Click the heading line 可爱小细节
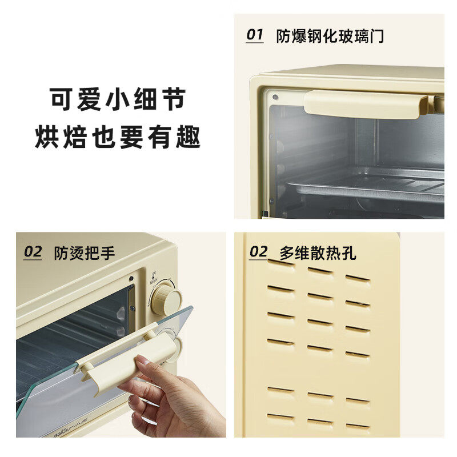[118, 99]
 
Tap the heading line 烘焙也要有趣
[118, 137]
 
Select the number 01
[254, 35]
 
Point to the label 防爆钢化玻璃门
[330, 36]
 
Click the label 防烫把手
[84, 253]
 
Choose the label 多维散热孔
[318, 253]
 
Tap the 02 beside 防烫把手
[33, 252]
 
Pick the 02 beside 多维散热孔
[259, 252]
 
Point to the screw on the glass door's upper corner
[275, 97]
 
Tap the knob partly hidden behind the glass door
[176, 349]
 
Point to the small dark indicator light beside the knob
[131, 278]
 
